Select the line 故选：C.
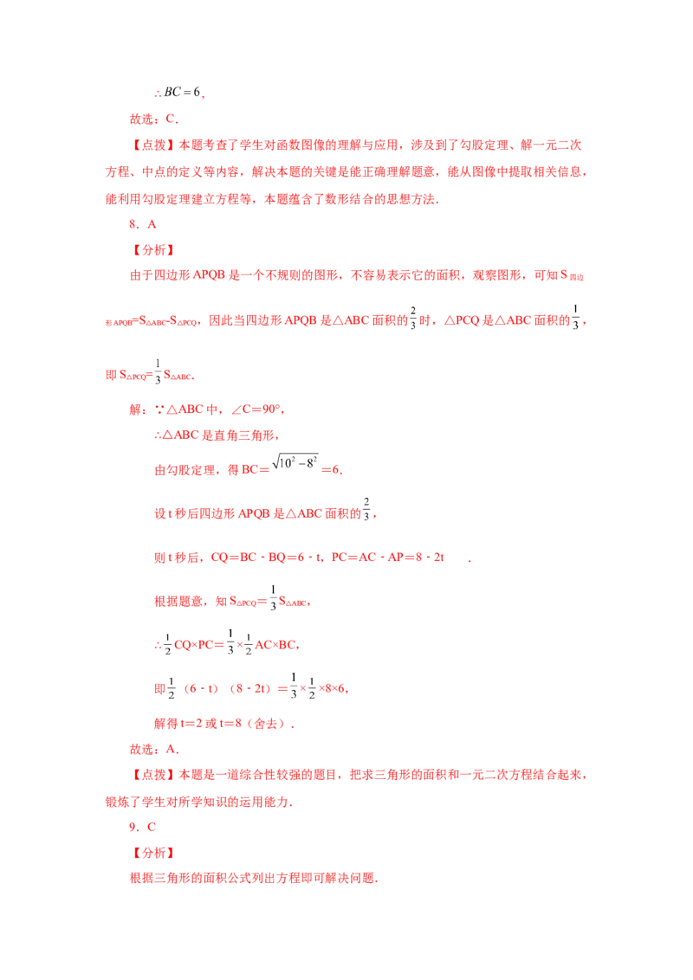click(154, 119)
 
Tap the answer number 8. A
click(143, 224)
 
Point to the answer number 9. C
click(143, 827)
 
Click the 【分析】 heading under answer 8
click(154, 250)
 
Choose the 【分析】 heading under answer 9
click(154, 853)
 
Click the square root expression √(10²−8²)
click(295, 462)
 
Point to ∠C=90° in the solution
click(257, 409)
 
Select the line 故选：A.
click(154, 749)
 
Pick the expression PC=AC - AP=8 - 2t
click(388, 557)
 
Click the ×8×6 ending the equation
click(333, 689)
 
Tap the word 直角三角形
click(244, 435)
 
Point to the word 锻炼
click(118, 802)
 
